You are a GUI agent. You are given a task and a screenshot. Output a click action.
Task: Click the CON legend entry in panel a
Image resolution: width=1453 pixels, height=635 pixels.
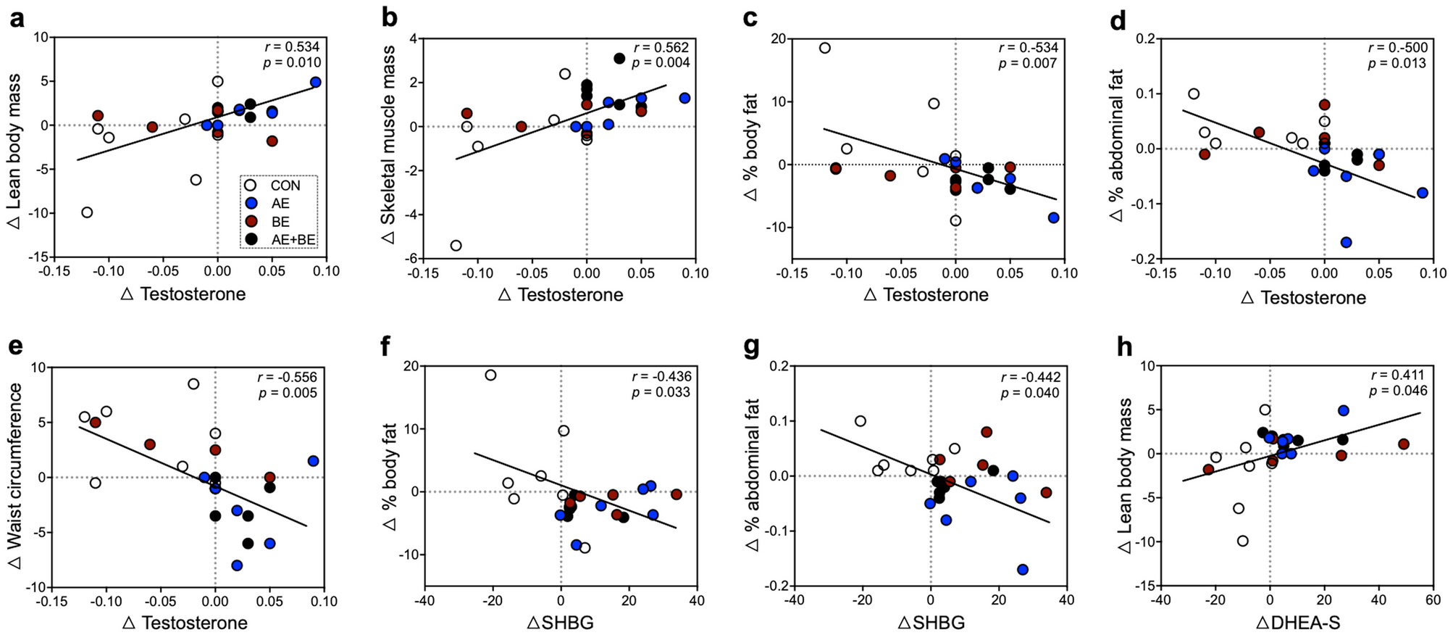[285, 186]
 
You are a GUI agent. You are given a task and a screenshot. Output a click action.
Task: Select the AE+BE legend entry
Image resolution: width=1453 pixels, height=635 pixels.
[293, 240]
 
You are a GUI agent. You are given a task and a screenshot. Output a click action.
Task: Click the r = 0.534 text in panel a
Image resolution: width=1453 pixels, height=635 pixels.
[292, 47]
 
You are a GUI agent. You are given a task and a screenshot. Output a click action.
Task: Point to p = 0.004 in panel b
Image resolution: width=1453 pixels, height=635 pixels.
[661, 63]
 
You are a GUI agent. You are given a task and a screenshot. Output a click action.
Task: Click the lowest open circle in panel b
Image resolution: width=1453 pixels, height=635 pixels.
[456, 246]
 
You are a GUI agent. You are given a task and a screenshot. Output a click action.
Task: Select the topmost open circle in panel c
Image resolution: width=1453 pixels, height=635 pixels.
[824, 48]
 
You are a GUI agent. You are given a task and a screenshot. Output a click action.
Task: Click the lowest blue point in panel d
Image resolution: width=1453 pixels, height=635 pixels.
[1346, 242]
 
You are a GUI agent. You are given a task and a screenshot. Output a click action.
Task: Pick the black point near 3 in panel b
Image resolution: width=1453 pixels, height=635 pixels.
[619, 59]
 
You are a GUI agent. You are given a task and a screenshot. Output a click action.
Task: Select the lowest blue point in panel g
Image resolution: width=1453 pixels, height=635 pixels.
[1023, 570]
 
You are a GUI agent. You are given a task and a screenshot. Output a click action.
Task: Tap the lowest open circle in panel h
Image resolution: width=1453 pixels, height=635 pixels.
[1243, 541]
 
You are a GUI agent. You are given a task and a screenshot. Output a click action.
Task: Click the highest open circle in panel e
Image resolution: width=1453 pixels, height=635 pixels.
[193, 383]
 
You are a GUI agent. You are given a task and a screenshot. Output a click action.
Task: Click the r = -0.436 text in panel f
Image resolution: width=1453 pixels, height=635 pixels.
[661, 376]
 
